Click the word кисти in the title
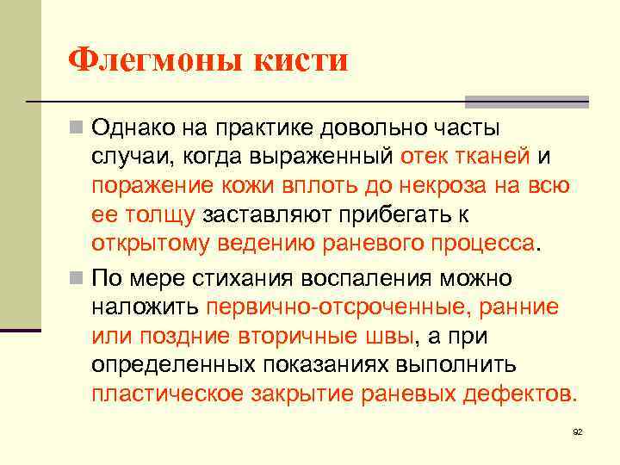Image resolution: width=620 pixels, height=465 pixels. pos(301,60)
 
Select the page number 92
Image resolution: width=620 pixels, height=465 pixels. pos(578,431)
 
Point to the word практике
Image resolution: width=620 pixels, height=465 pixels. pos(262,128)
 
